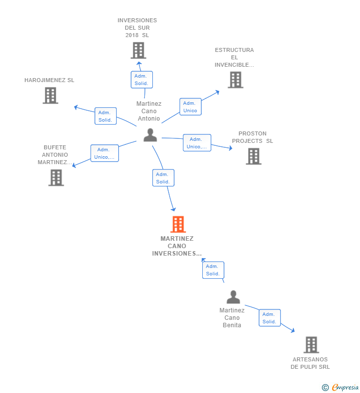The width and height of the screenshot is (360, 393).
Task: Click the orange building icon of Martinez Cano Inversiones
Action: pyautogui.click(x=178, y=224)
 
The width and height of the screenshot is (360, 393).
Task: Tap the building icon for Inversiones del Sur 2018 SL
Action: pyautogui.click(x=138, y=50)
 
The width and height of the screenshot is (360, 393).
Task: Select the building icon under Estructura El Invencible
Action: pyautogui.click(x=235, y=80)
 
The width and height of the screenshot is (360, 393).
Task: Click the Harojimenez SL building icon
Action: pyautogui.click(x=50, y=95)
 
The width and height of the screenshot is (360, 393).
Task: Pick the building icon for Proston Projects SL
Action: pyautogui.click(x=254, y=156)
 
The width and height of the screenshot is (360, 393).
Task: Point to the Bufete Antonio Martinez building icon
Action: pyautogui.click(x=56, y=177)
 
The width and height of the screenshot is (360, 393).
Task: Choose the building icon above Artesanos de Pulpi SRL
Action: pyautogui.click(x=311, y=345)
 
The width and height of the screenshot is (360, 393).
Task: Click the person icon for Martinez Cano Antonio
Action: pyautogui.click(x=150, y=135)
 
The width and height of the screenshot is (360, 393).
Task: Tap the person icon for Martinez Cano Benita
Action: pyautogui.click(x=233, y=297)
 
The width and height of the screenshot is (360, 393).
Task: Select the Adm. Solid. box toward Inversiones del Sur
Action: pyautogui.click(x=141, y=80)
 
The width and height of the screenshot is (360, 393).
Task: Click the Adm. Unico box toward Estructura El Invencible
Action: pyautogui.click(x=190, y=107)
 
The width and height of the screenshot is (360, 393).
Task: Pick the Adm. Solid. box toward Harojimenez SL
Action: pyautogui.click(x=105, y=116)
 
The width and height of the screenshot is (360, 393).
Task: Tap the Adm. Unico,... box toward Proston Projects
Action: pyautogui.click(x=197, y=143)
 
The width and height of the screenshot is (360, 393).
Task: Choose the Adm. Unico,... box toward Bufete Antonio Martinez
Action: pyautogui.click(x=104, y=153)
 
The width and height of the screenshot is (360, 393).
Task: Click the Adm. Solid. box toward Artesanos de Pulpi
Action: pyautogui.click(x=270, y=318)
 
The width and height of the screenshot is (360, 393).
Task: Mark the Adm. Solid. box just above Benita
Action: pyautogui.click(x=213, y=270)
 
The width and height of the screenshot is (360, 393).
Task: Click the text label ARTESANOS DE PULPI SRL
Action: pyautogui.click(x=310, y=363)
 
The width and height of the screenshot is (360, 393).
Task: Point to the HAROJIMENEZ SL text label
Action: pyautogui.click(x=49, y=80)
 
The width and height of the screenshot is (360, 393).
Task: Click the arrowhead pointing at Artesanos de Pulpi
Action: pyautogui.click(x=293, y=331)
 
